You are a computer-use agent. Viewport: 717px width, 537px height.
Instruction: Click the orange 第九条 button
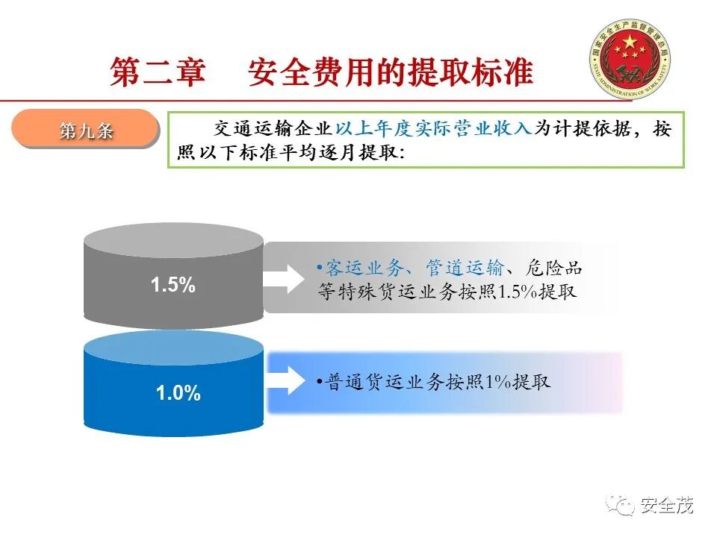coord(86,131)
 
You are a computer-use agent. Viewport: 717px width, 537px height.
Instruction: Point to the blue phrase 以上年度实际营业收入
coord(437,128)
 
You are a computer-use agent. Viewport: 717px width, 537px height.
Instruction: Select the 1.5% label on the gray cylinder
coord(173,284)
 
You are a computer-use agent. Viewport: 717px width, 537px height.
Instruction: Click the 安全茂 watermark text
coord(667,506)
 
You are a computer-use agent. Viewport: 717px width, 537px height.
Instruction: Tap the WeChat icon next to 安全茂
coord(621,506)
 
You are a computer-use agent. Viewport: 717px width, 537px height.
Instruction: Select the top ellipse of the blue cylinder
coord(173,348)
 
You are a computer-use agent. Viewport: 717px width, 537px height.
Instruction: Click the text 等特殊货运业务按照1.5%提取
coord(447,291)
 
